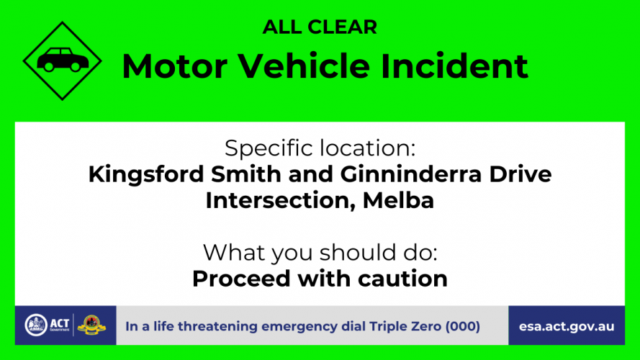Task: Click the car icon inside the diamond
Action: pos(63,60)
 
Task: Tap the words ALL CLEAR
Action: pos(320,27)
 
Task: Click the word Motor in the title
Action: pos(175,66)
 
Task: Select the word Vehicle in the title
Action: pos(304,66)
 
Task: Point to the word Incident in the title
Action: pos(454,66)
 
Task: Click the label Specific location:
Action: pos(320,148)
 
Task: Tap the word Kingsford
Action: pos(145,175)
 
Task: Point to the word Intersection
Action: pos(280,200)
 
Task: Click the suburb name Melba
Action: pos(398,200)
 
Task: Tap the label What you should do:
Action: pos(320,253)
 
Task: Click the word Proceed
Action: pos(241,279)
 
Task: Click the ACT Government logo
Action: pos(47,325)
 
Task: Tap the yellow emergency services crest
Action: pos(91,325)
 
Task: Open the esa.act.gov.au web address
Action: pos(567,327)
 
